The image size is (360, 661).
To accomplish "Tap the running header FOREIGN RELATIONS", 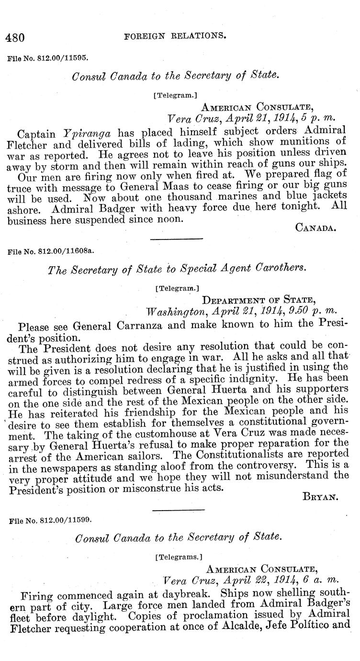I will pyautogui.click(x=175, y=35).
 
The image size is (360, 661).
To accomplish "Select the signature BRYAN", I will pyautogui.click(x=320, y=497).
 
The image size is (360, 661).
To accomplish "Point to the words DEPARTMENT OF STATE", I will pyautogui.click(x=258, y=300).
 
